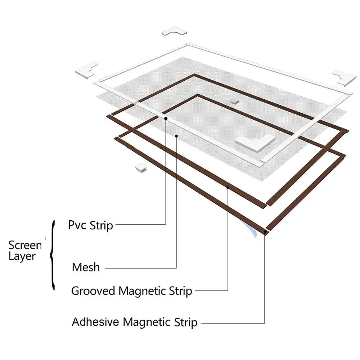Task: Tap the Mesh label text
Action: click(86, 267)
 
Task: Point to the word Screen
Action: click(25, 245)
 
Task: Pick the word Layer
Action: click(22, 257)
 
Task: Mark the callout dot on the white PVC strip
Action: click(166, 118)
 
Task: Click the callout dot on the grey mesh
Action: click(176, 136)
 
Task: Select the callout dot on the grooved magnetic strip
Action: click(228, 187)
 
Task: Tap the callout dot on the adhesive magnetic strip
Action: click(265, 233)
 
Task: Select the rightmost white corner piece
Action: click(344, 77)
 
